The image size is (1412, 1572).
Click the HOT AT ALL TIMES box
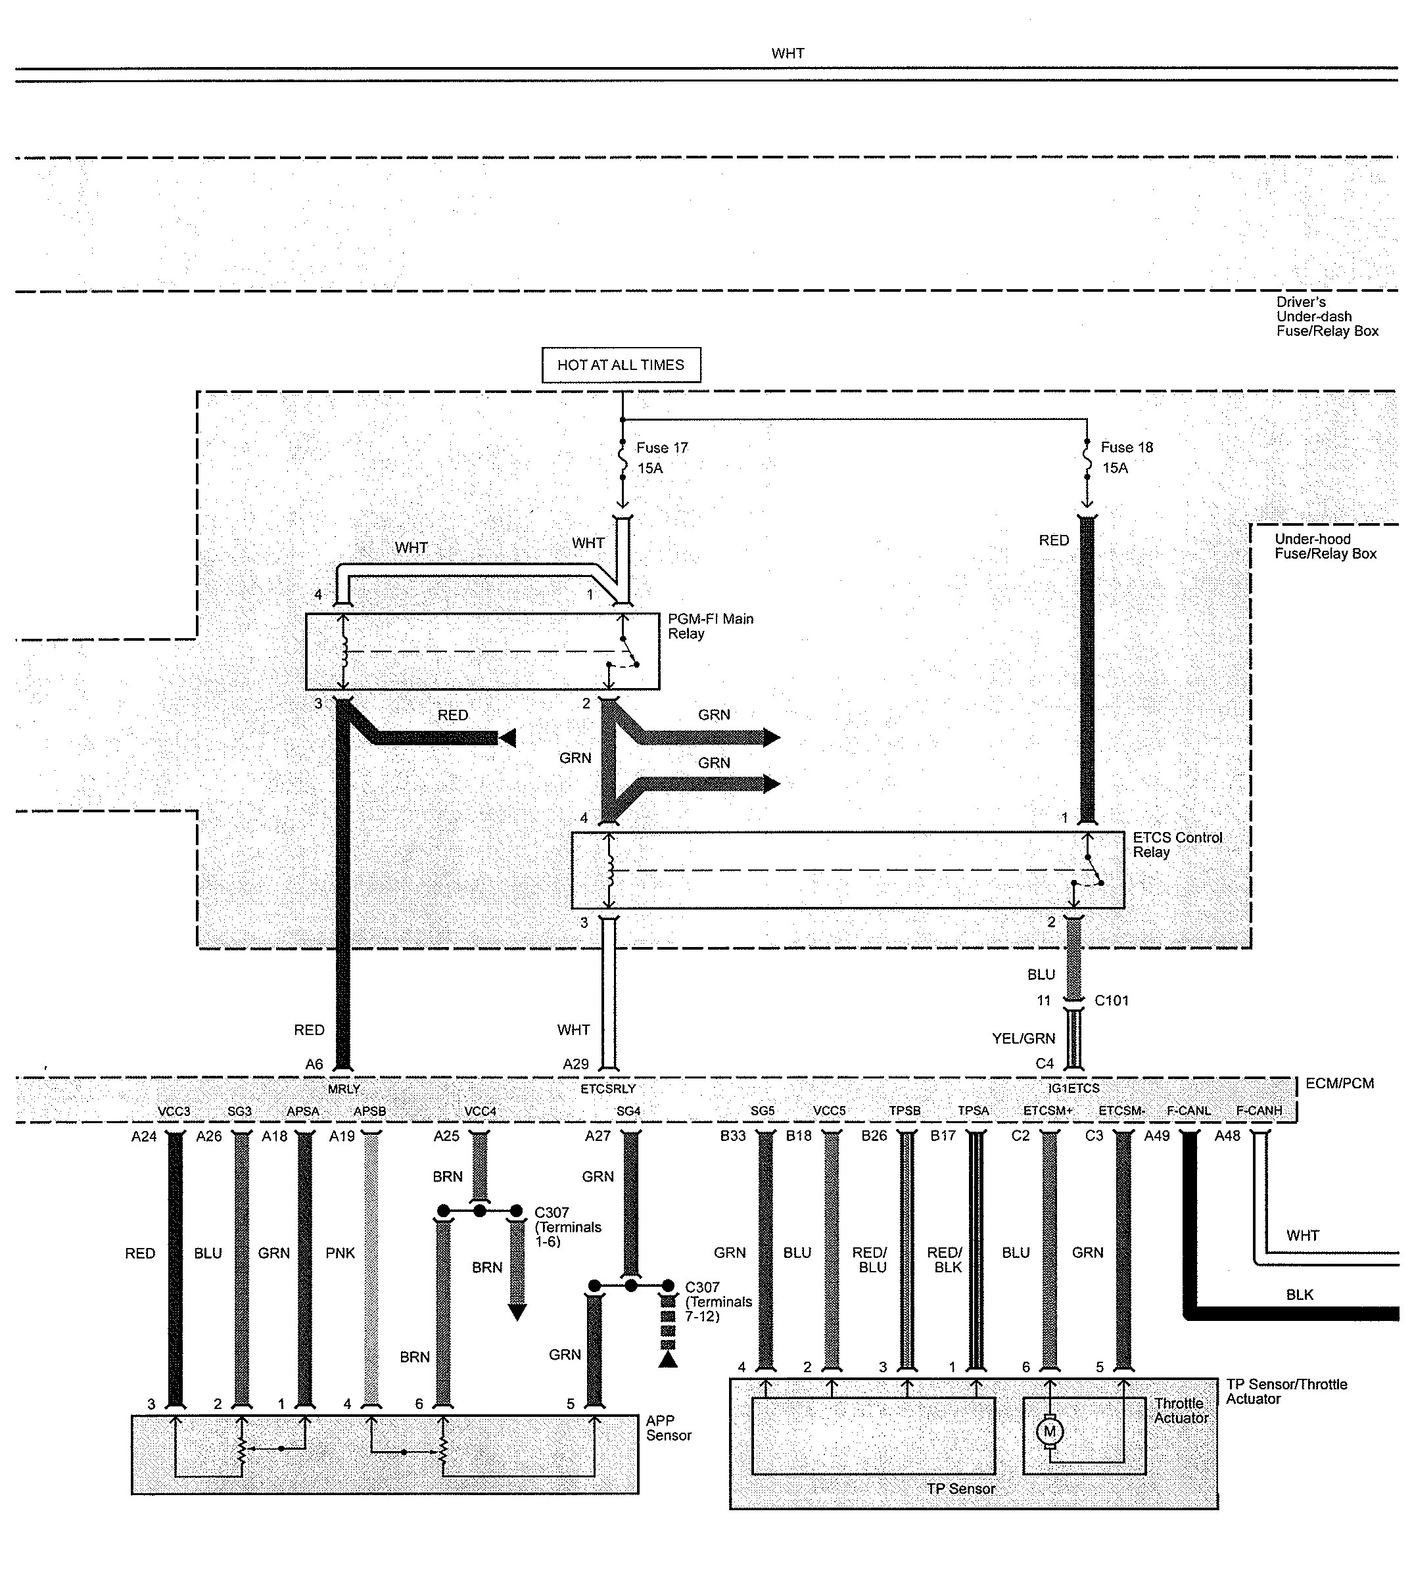pos(621,365)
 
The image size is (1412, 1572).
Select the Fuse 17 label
pos(661,448)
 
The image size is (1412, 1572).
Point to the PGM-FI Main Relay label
pos(710,626)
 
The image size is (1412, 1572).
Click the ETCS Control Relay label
pos(1176,844)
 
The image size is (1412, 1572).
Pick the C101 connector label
pos(1111,1000)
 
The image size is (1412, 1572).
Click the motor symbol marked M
pos(1050,1431)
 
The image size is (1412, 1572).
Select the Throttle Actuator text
pos(1180,1411)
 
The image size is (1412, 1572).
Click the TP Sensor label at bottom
pos(960,1489)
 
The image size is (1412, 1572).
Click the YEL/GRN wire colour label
pos(1024,1038)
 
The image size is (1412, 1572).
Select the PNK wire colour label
pos(340,1253)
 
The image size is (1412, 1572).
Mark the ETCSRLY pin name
pos(607,1089)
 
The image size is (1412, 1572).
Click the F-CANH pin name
pos(1258,1111)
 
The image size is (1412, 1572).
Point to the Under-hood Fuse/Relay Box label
pos(1325,546)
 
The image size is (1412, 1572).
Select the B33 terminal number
pos(732,1136)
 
